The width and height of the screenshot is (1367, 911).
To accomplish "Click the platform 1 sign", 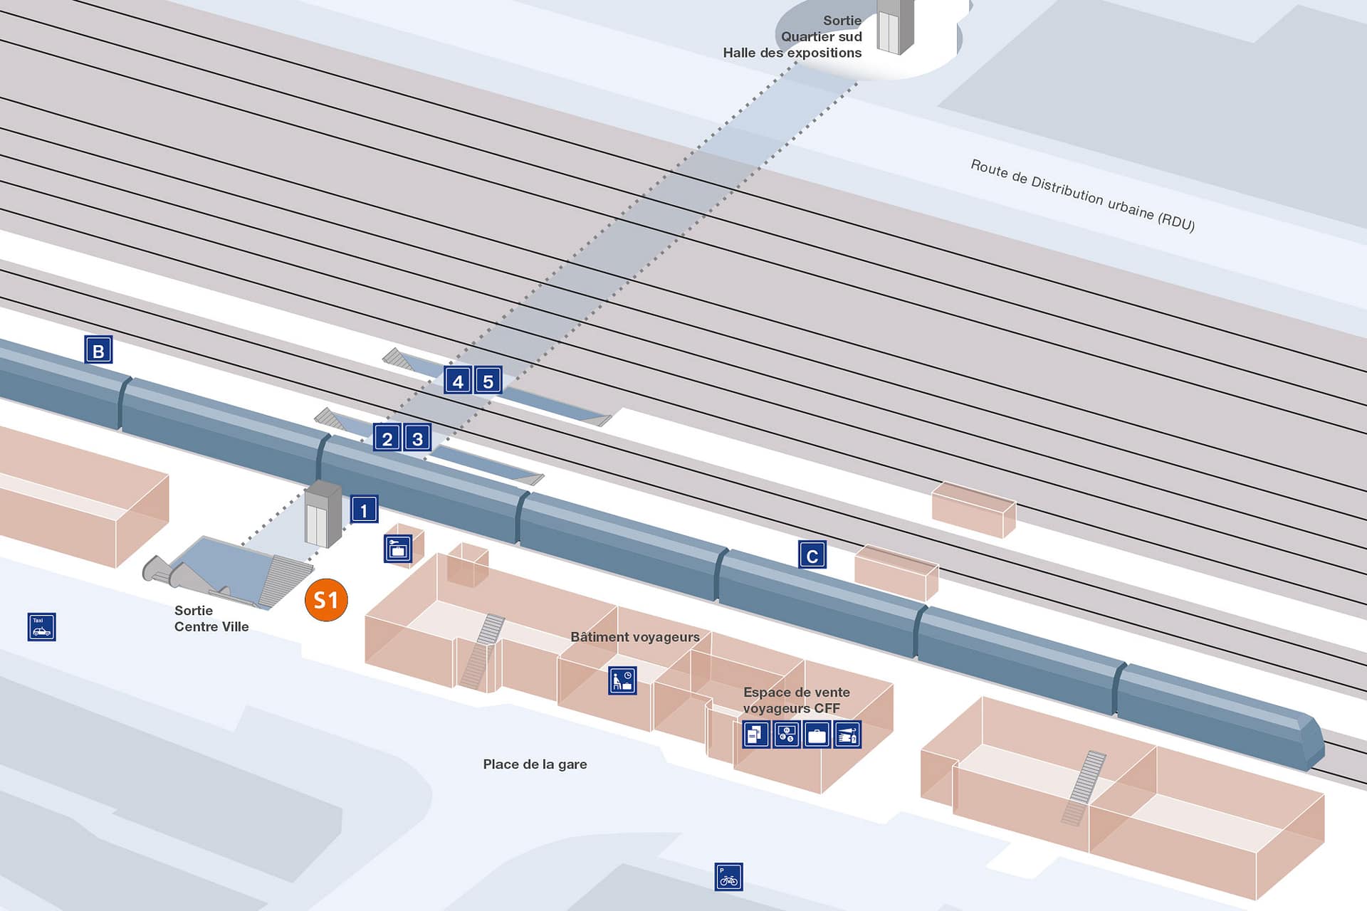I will click(364, 510).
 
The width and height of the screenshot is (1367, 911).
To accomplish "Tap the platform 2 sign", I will click(387, 438).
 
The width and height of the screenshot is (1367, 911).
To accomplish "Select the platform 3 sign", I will click(417, 438).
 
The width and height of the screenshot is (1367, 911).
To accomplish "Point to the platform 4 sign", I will click(458, 381).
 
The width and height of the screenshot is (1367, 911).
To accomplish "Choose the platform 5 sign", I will click(488, 381).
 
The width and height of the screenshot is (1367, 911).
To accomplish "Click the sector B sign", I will click(98, 350).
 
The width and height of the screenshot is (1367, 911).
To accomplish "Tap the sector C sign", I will click(812, 556).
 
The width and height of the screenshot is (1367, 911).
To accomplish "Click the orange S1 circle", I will click(326, 600).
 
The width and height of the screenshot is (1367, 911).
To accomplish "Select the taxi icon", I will click(41, 627).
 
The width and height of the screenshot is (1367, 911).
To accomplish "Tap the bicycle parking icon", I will click(728, 877).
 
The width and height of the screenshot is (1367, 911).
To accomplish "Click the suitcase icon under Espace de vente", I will click(817, 734).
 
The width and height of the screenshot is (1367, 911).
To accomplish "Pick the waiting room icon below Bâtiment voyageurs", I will click(622, 680).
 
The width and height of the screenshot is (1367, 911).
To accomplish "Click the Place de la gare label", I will click(535, 764).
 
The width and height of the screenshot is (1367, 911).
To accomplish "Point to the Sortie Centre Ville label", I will click(211, 618).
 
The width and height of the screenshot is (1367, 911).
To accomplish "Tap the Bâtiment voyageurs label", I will click(634, 637).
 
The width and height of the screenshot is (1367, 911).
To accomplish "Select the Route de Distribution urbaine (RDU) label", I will click(1082, 195).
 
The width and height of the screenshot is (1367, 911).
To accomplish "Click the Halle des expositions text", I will click(792, 53).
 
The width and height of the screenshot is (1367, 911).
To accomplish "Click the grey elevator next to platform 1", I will click(323, 514).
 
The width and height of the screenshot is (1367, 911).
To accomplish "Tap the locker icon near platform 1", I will click(398, 549).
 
